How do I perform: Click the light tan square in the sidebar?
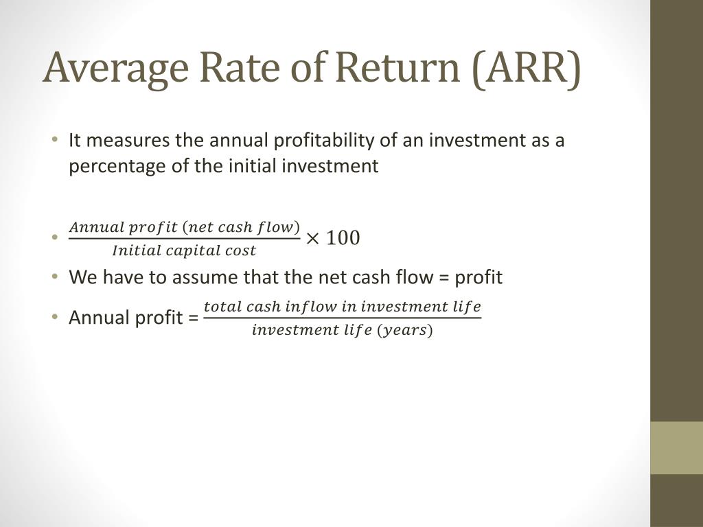pos(676,447)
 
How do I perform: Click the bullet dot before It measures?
pos(54,141)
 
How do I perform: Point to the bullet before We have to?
pos(54,277)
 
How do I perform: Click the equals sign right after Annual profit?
pos(192,318)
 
